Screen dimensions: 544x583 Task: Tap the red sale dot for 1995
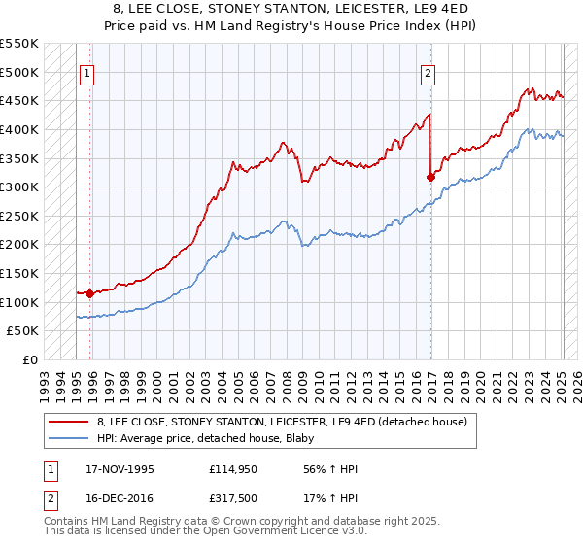(89, 292)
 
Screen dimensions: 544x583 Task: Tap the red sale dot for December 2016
(430, 177)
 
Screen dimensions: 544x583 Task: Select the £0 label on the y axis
(30, 359)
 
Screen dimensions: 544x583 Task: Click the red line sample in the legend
(68, 422)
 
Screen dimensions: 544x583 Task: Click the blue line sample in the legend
(68, 438)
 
